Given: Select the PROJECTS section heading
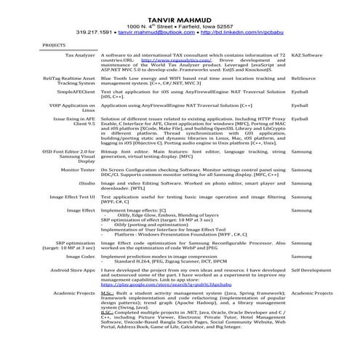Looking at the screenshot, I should click(55, 45).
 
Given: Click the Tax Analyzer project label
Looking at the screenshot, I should click(81, 55).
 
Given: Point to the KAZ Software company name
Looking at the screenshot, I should click(306, 55).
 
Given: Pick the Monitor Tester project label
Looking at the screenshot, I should click(78, 169).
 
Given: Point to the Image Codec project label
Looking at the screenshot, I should click(80, 256).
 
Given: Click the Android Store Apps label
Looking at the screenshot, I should click(73, 270).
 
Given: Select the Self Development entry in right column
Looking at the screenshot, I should click(311, 270).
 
